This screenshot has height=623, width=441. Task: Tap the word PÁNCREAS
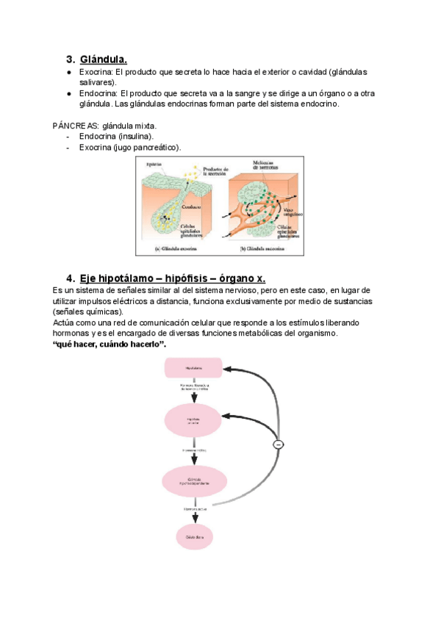pyautogui.click(x=71, y=126)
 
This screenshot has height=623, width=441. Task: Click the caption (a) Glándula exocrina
pyautogui.click(x=179, y=248)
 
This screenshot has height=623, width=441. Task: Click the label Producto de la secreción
pyautogui.click(x=216, y=172)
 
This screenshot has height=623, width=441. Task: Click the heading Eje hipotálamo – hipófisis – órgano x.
pyautogui.click(x=173, y=278)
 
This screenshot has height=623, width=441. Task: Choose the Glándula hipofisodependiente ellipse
pyautogui.click(x=193, y=482)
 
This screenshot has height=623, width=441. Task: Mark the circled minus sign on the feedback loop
pyautogui.click(x=278, y=444)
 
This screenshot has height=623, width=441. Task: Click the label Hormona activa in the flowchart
pyautogui.click(x=193, y=508)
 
